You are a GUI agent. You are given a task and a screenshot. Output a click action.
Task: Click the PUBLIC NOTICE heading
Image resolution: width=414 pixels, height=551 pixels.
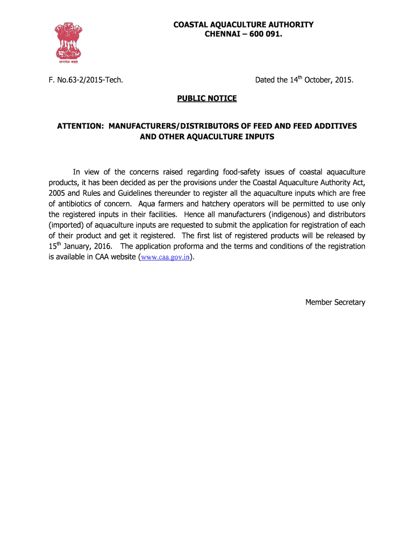(207, 99)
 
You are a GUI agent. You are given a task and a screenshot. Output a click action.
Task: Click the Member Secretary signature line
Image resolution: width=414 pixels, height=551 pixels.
(335, 302)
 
